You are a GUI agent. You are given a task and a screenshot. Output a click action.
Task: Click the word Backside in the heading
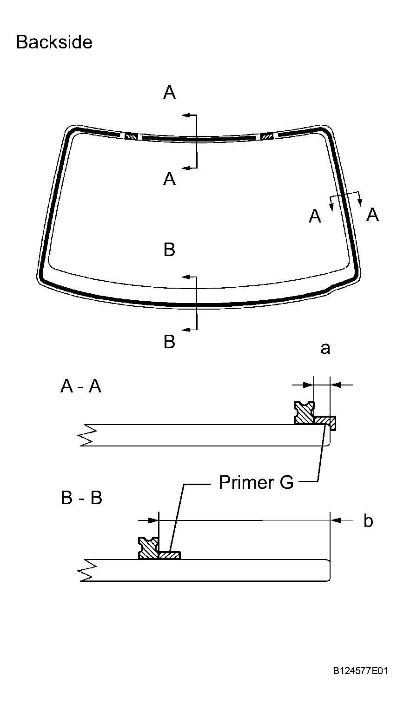coord(54,42)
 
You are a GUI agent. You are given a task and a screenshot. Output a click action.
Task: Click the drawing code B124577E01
coord(360,671)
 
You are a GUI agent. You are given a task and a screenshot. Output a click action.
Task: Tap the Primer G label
coord(256,482)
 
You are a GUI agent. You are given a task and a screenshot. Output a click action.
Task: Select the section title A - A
coord(80,386)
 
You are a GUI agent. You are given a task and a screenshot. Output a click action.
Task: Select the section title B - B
coord(81,498)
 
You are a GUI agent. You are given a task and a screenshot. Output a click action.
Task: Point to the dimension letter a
coord(325,348)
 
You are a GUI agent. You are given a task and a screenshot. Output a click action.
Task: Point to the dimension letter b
coord(368,521)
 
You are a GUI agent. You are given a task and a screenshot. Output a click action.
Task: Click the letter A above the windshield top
coord(169,93)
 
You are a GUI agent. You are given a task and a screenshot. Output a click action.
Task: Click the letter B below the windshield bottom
coord(169,342)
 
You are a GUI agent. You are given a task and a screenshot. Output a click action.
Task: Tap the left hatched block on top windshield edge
coord(132,136)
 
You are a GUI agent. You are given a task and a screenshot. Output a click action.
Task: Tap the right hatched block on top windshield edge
coord(267,136)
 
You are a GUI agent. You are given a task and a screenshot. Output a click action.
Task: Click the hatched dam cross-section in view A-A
coord(305,413)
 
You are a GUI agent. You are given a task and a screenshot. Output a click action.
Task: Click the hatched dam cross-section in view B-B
coord(149,548)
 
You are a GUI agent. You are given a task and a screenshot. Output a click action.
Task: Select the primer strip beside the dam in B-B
coord(169,555)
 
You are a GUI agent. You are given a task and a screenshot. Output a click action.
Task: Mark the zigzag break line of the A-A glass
coord(88,435)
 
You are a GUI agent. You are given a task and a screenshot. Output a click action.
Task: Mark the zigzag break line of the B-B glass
coord(88,570)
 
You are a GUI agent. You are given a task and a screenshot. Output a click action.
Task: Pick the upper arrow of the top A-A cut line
coord(186,115)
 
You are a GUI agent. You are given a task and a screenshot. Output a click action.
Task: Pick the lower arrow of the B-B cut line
coord(186,330)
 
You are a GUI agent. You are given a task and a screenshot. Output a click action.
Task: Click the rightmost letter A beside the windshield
coord(372,215)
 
